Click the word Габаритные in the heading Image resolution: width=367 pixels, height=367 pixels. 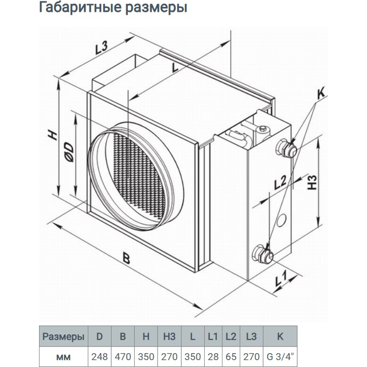point(80,7)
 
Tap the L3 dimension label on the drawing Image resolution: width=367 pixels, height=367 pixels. point(101,48)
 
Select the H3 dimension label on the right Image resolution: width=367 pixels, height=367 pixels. point(312,182)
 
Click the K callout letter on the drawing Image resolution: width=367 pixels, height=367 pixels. point(321,93)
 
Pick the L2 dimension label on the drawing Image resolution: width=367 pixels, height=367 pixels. point(280,182)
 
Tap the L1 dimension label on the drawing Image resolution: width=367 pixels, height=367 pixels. point(280,278)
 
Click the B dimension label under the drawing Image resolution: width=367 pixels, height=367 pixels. point(126,259)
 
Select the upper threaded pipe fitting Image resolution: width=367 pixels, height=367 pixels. point(286,149)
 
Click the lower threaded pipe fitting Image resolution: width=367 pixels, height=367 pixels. point(263,254)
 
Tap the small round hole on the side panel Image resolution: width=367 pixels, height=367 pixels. point(281,220)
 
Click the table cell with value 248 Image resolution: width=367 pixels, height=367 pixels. point(99,357)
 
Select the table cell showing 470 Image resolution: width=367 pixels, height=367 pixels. point(123,357)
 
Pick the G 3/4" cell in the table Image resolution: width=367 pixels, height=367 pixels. point(280,357)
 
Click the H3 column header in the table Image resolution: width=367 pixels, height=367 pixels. point(169,337)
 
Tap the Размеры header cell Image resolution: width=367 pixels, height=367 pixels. point(64,337)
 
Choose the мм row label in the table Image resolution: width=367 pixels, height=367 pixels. point(64,357)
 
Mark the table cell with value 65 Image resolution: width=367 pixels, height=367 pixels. point(231,357)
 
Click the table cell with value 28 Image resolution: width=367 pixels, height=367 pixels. point(213,357)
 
